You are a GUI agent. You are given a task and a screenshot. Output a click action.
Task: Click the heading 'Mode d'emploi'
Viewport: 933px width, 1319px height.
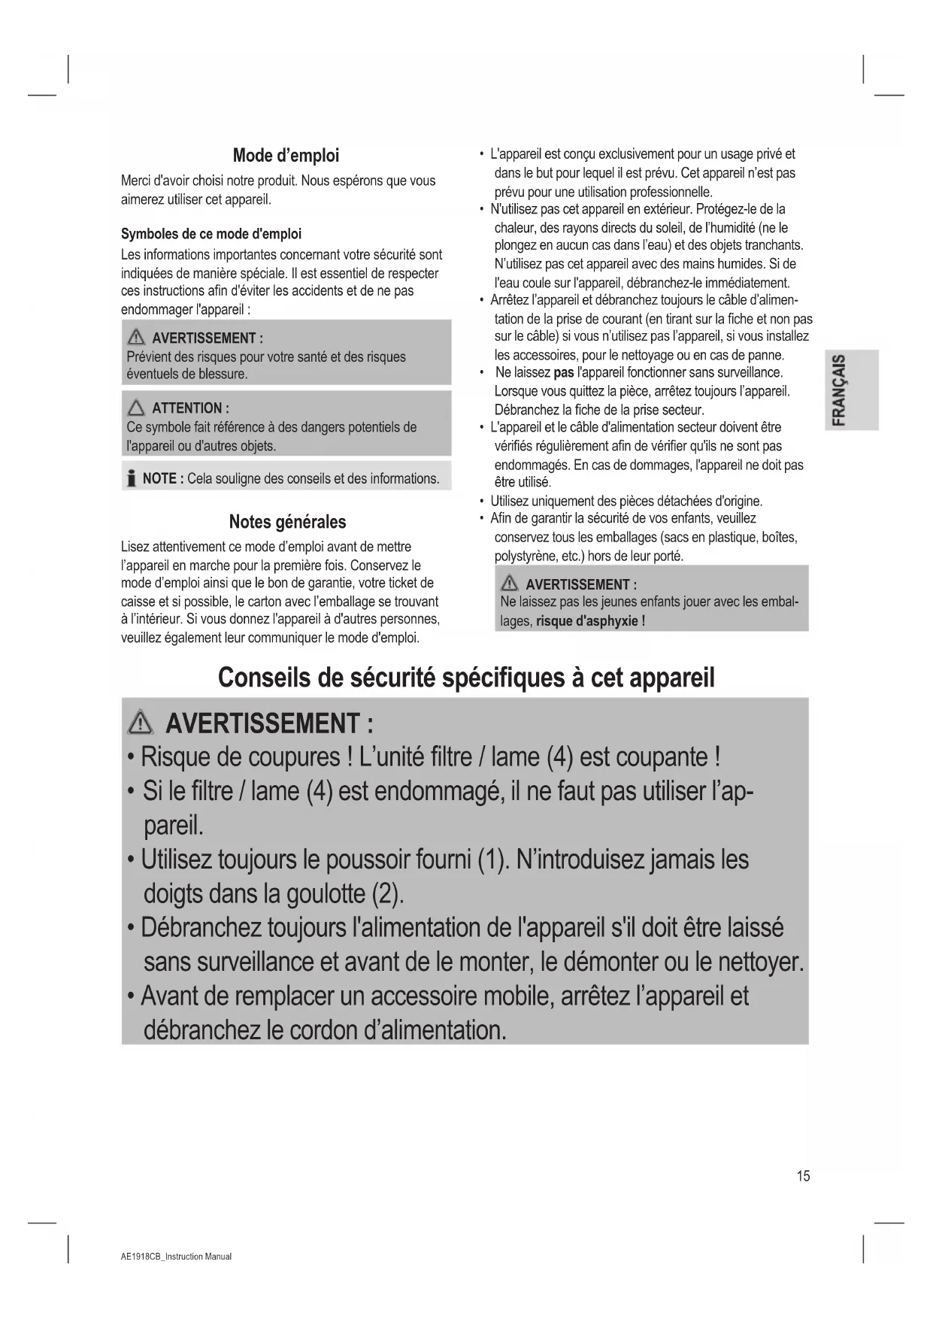point(286,156)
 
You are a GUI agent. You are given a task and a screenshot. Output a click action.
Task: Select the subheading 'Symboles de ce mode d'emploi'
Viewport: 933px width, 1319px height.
point(211,234)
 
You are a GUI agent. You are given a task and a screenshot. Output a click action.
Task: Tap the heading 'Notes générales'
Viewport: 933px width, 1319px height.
point(287,522)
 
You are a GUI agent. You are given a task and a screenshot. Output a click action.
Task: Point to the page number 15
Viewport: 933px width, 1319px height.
point(803,1176)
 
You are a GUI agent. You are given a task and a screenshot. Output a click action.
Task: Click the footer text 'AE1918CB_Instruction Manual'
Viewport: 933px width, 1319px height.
point(176,1257)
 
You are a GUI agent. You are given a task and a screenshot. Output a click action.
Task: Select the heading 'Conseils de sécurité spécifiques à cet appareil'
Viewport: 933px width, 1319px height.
point(466,678)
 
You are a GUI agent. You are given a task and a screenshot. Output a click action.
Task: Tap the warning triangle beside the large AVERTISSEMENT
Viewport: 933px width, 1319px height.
point(141,723)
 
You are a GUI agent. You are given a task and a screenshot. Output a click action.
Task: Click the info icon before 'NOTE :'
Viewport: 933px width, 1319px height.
point(132,479)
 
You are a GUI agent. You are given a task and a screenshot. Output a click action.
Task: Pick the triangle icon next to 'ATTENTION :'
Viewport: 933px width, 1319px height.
point(136,408)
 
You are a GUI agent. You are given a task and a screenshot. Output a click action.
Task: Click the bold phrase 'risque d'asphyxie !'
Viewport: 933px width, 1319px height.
point(590,621)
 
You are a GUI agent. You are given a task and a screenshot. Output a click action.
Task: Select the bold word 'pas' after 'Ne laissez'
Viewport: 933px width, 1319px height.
point(563,372)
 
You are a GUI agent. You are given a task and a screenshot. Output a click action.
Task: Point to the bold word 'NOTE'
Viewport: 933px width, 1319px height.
point(159,479)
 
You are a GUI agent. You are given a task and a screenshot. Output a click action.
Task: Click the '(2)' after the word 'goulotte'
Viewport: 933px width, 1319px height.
point(387,894)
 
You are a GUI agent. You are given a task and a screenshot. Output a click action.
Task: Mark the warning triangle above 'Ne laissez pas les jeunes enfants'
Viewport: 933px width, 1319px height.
point(510,584)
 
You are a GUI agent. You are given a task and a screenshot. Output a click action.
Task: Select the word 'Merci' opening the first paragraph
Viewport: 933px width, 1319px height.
point(135,180)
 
